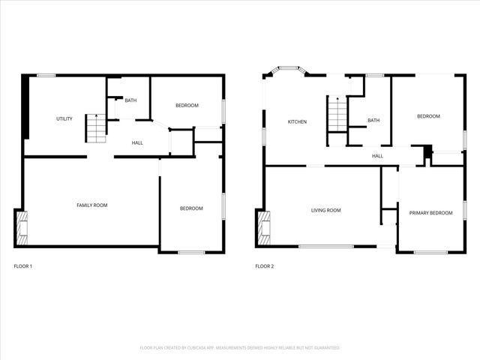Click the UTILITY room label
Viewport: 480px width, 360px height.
pos(64,118)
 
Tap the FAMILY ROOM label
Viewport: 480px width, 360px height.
pos(91,205)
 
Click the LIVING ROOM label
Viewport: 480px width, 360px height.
pos(325,211)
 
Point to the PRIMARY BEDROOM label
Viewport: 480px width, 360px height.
pos(430,213)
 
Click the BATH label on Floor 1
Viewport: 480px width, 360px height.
pos(130,100)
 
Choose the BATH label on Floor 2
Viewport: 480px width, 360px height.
pos(373,120)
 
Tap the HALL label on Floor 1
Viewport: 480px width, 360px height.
pos(137,142)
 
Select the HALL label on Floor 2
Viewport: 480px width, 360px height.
pos(377,156)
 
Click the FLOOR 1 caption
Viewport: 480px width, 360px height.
pos(23,266)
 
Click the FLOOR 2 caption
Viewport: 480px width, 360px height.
pos(264,266)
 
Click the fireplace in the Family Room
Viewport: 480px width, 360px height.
pos(22,228)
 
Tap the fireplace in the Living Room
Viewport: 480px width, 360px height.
pos(263,228)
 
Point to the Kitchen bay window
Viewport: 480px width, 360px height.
pos(288,73)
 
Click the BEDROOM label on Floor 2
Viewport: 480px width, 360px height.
pos(428,116)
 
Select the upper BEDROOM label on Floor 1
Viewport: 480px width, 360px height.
pos(187,106)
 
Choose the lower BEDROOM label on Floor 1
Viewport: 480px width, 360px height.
pos(191,208)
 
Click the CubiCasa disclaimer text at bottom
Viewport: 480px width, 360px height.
pos(240,348)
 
